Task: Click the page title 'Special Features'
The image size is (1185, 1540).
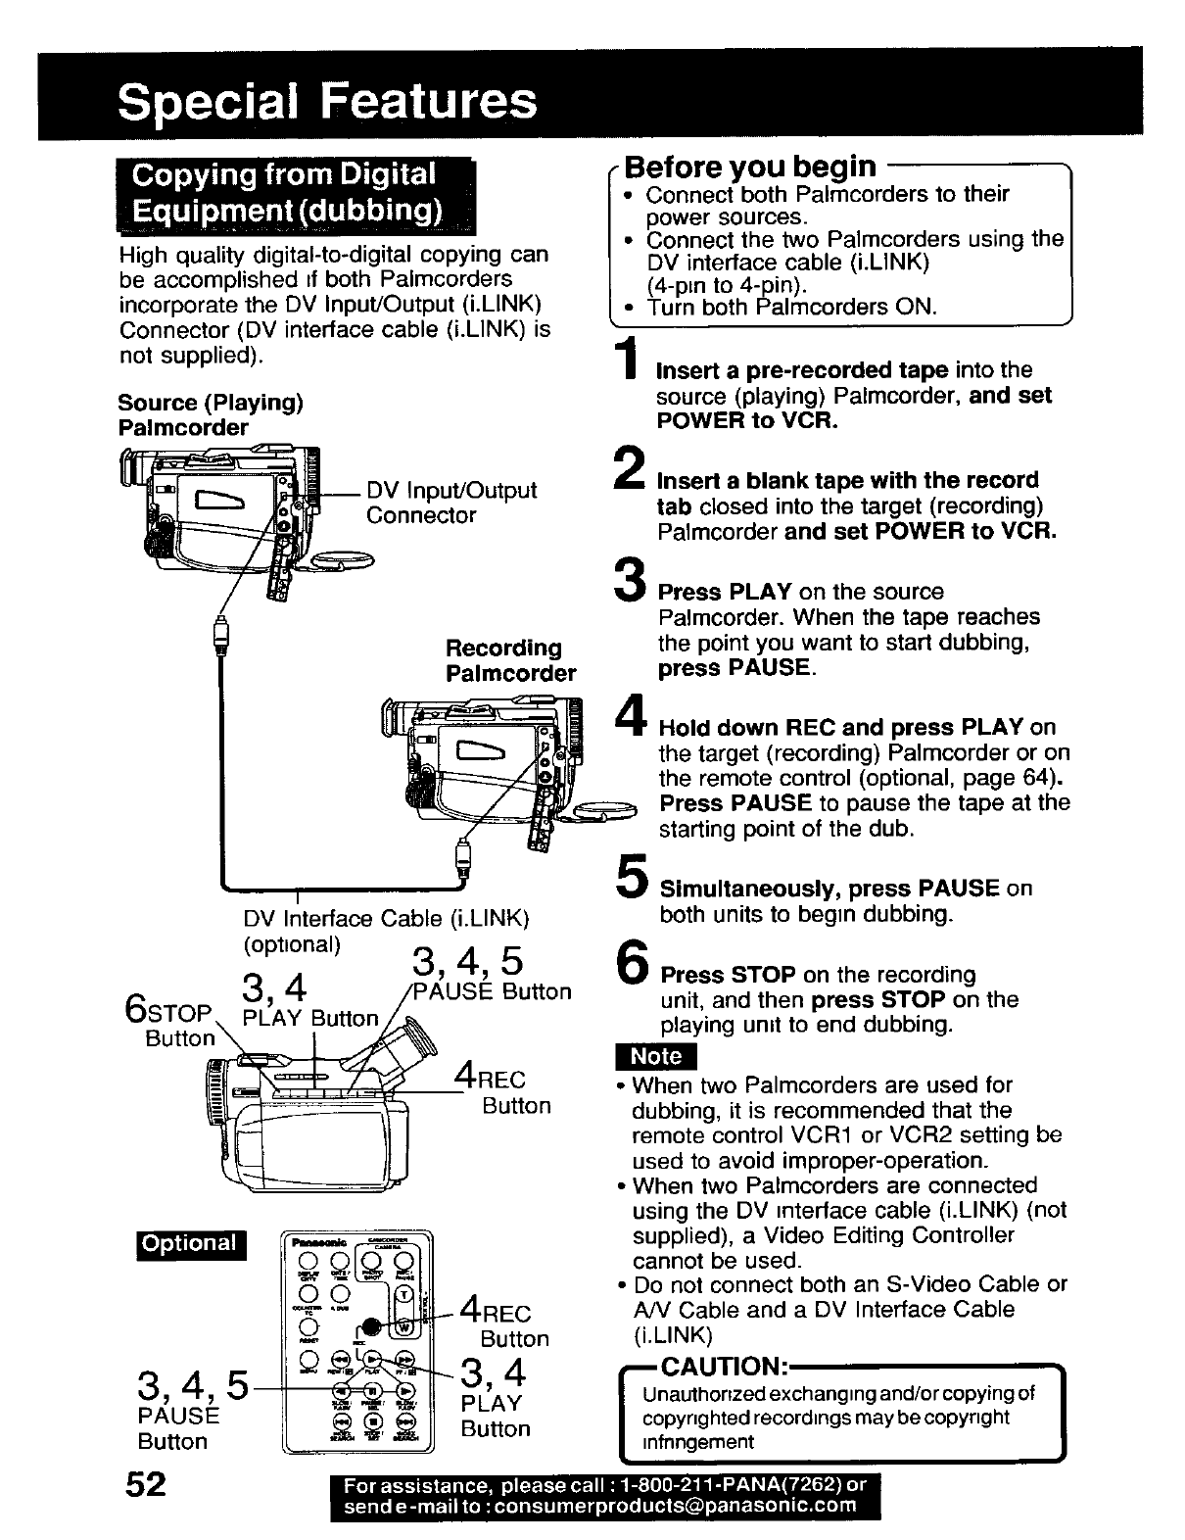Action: coord(327,101)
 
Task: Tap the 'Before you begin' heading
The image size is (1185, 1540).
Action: coord(750,167)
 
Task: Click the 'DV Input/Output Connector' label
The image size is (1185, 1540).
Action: coord(450,503)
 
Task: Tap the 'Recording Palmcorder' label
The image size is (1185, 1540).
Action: coord(510,661)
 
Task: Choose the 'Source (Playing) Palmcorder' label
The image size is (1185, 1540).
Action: coord(210,415)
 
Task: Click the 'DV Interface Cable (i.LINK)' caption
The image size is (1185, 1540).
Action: coord(386,919)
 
